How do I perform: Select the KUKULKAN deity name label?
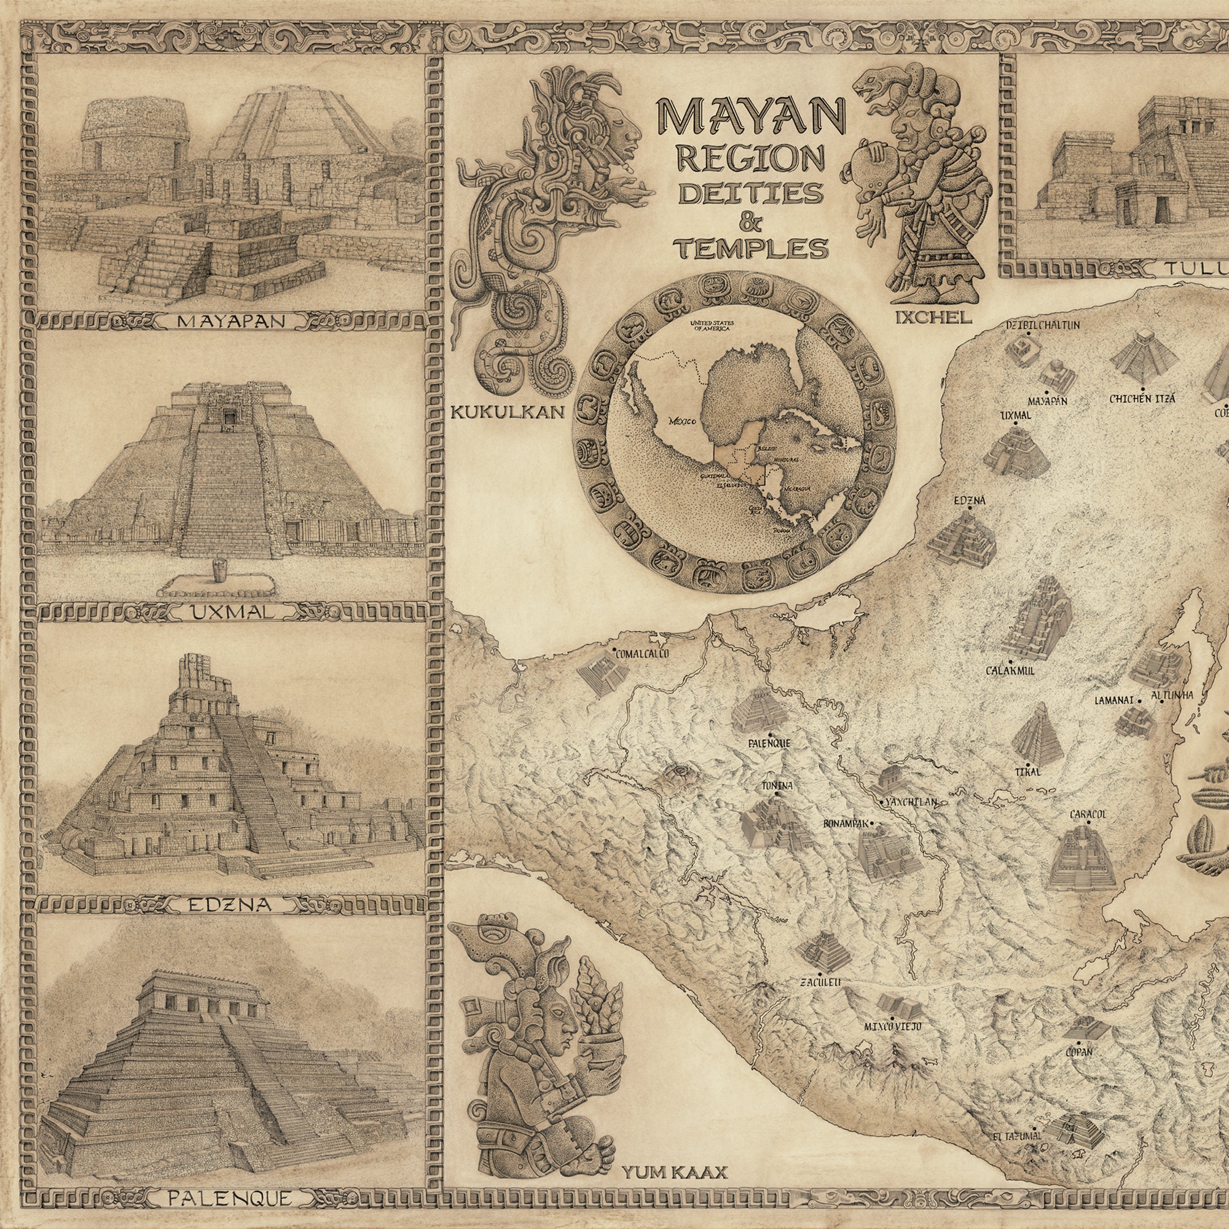point(507,412)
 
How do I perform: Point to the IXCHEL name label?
point(933,318)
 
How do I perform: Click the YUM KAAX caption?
point(674,1153)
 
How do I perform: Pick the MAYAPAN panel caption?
point(231,321)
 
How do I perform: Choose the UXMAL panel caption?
point(232,613)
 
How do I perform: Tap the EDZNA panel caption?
point(230,905)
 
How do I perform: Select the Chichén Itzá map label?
point(1142,399)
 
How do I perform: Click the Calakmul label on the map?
point(1010,670)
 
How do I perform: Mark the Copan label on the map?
point(1079,1052)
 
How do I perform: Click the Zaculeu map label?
point(820,982)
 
